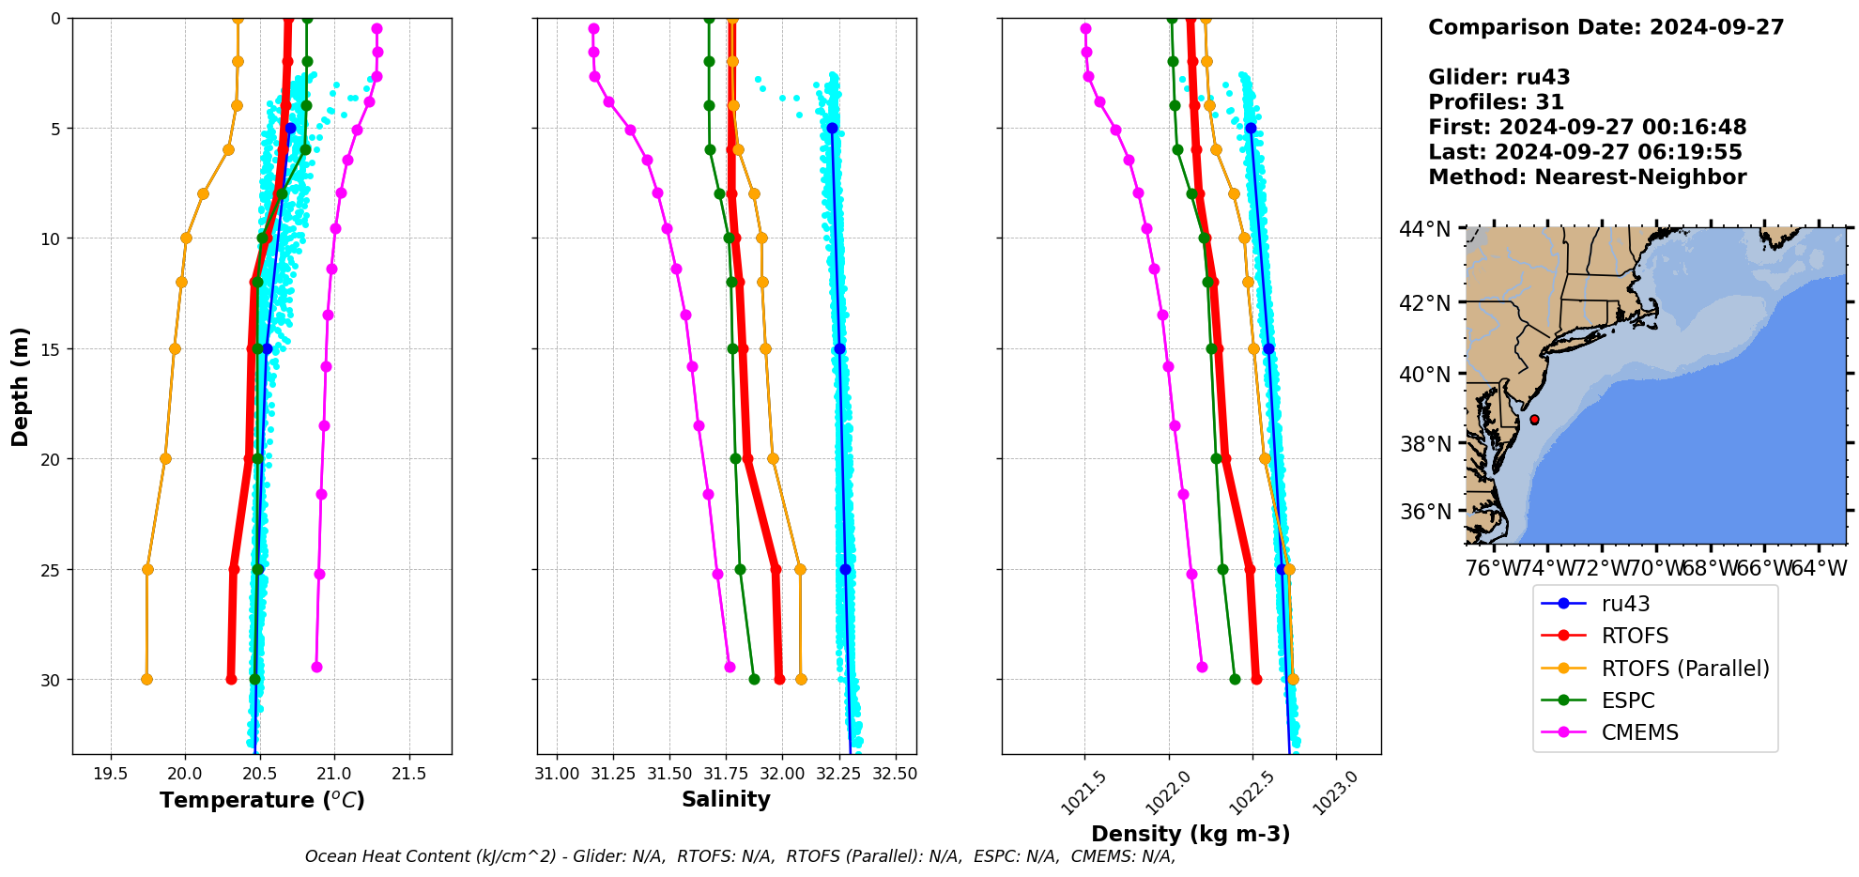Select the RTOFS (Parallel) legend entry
[1684, 669]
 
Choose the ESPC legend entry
[1628, 700]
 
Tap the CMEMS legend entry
[1639, 732]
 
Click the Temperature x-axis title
[262, 800]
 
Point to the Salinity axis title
[726, 799]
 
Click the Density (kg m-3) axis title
[1191, 834]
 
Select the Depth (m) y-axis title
[21, 386]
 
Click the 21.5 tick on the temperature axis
[408, 774]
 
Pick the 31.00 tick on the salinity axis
[557, 774]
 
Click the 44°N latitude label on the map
[1425, 229]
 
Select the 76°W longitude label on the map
[1493, 568]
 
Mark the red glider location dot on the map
[1534, 420]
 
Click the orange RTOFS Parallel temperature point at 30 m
[146, 679]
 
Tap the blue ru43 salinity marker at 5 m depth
[832, 128]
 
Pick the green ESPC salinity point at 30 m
[754, 679]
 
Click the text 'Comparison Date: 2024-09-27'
[1605, 27]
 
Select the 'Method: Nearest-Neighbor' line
[1587, 177]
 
